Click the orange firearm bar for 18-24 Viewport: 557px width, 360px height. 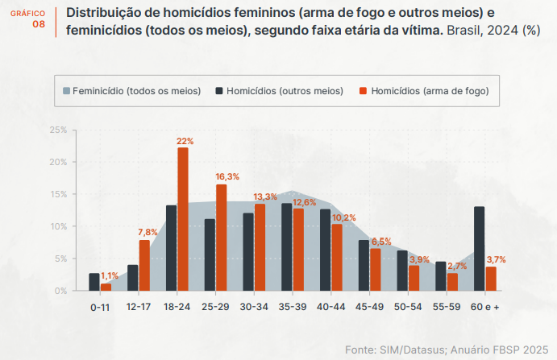point(183,219)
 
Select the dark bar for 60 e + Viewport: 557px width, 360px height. point(480,249)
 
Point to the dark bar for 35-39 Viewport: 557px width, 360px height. point(287,246)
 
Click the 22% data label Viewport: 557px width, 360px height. point(185,141)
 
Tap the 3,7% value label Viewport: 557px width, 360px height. point(497,259)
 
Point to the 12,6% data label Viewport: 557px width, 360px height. point(304,202)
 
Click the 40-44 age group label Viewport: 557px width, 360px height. point(331,307)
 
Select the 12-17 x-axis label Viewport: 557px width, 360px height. point(139,307)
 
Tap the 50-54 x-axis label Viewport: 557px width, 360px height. point(408,307)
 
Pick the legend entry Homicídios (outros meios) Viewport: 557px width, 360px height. point(279,91)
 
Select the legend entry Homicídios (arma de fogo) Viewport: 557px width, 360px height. point(423,91)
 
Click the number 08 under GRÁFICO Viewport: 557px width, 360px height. point(39,24)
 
